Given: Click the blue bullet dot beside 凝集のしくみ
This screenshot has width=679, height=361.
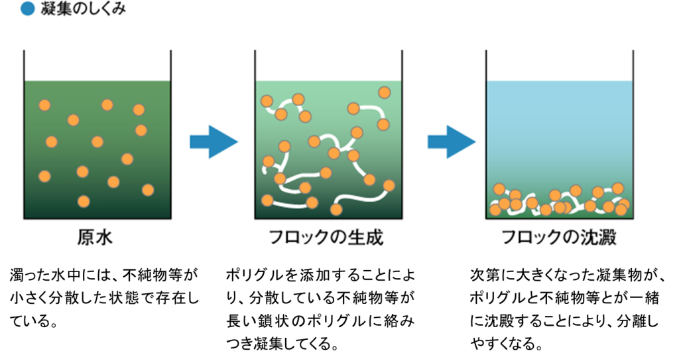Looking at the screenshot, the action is pyautogui.click(x=27, y=9).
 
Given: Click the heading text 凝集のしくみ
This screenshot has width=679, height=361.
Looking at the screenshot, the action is pyautogui.click(x=83, y=9).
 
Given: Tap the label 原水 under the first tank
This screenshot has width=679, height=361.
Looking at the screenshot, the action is pyautogui.click(x=95, y=237).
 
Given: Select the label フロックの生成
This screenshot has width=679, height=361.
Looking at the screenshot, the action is pyautogui.click(x=326, y=237).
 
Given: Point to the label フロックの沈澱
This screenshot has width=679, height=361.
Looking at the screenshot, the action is pyautogui.click(x=558, y=237).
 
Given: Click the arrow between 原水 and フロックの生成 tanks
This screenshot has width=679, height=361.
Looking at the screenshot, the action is pyautogui.click(x=214, y=142).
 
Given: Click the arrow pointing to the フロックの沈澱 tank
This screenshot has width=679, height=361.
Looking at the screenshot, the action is pyautogui.click(x=452, y=142).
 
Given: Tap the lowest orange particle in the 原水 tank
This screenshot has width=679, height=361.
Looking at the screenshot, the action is pyautogui.click(x=84, y=202).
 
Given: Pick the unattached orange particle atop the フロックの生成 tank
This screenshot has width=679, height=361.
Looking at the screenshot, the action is pyautogui.click(x=385, y=92).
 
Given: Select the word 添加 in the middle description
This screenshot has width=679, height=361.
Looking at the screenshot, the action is pyautogui.click(x=314, y=275).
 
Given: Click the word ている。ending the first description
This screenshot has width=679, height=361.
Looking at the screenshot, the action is pyautogui.click(x=33, y=321).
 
